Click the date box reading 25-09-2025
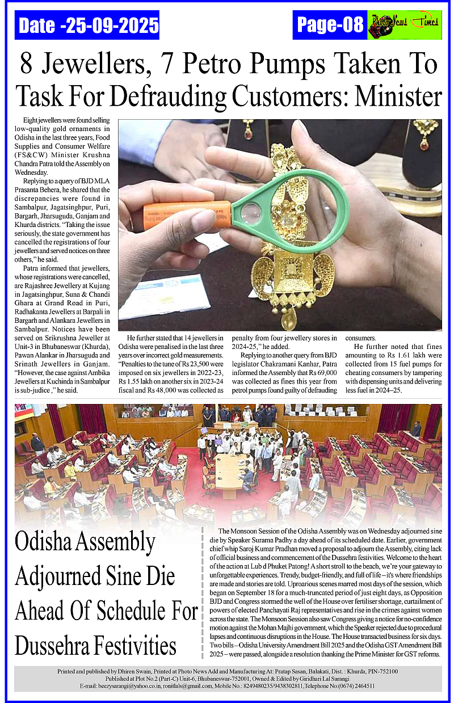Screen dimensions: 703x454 pyautogui.click(x=88, y=26)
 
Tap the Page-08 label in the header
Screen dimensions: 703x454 pyautogui.click(x=330, y=25)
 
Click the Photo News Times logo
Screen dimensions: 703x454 pyautogui.click(x=404, y=25)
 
